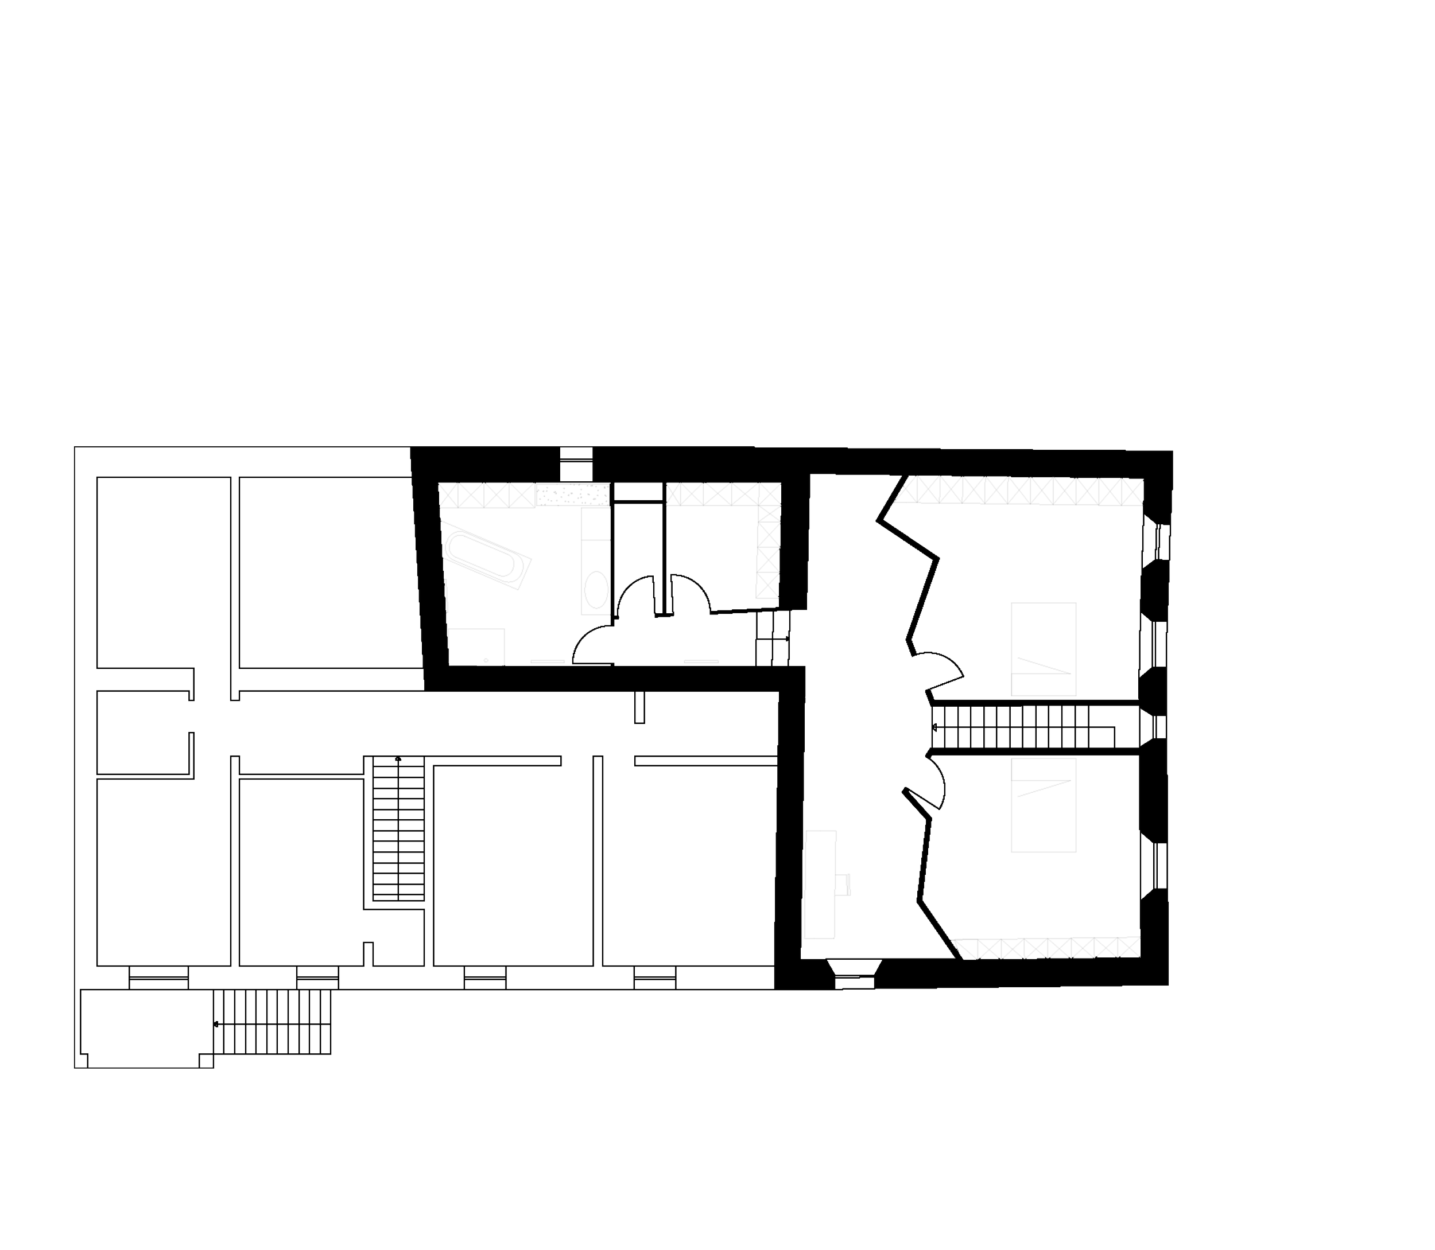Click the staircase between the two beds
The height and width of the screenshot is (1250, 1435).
[1026, 728]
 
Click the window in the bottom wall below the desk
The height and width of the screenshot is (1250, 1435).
[854, 972]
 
